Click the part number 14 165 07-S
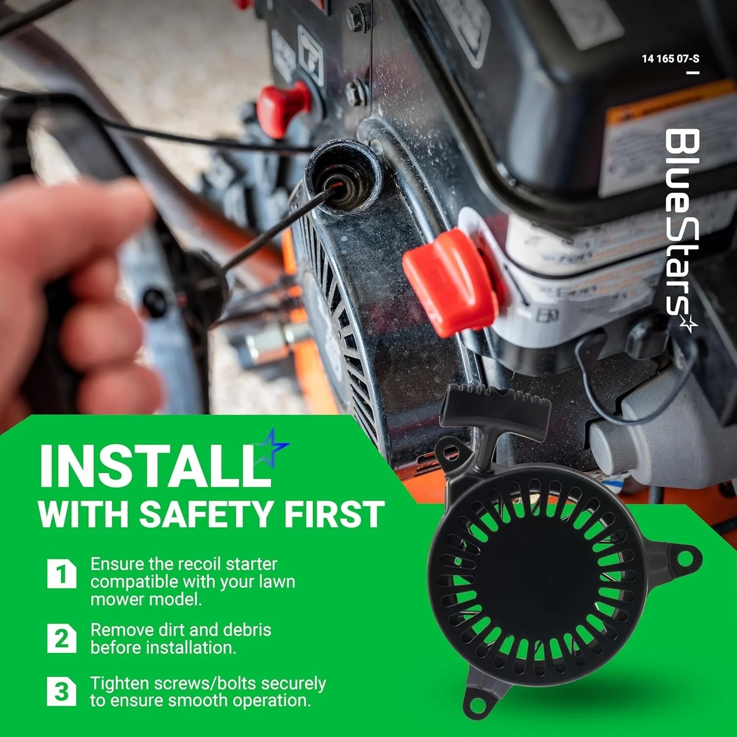click(x=670, y=58)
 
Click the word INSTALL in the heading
click(x=155, y=465)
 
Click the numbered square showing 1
click(x=62, y=573)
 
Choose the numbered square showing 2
click(x=62, y=638)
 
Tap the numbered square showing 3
click(x=62, y=691)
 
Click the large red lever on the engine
click(x=451, y=280)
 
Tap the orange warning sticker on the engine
click(x=668, y=106)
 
